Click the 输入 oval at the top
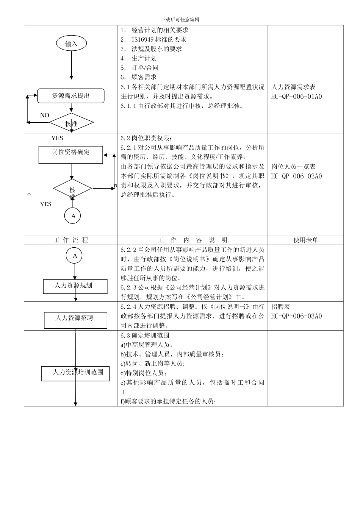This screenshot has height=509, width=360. click(x=71, y=44)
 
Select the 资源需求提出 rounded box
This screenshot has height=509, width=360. click(x=71, y=96)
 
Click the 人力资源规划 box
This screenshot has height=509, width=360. click(x=75, y=286)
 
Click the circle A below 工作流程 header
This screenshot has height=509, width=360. click(x=75, y=256)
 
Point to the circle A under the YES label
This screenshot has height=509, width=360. click(x=73, y=216)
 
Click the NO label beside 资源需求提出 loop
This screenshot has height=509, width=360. click(x=44, y=115)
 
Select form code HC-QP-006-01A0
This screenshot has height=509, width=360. click(x=296, y=97)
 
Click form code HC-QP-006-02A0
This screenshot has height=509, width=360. click(x=296, y=176)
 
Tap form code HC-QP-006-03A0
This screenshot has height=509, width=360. click(x=296, y=316)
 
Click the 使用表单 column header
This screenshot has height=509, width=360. click(x=305, y=240)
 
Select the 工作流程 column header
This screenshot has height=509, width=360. click(x=71, y=240)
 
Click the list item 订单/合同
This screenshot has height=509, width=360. click(x=145, y=68)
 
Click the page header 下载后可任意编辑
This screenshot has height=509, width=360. click(x=180, y=20)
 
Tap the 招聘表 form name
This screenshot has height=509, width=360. click(x=281, y=307)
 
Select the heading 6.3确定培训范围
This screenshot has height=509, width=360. click(x=145, y=336)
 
